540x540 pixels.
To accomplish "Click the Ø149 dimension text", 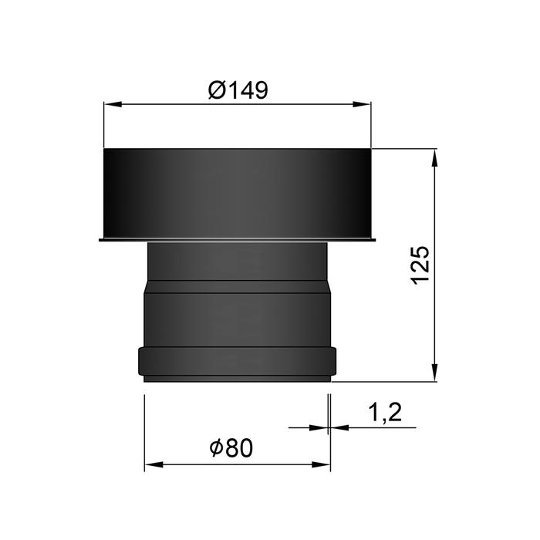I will tap(238, 91).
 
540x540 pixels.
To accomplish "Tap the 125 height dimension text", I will tap(419, 265).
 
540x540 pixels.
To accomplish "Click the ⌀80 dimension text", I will tap(231, 447).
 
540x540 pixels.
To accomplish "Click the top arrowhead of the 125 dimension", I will tap(436, 157).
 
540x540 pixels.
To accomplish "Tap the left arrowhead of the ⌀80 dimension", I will tap(153, 465).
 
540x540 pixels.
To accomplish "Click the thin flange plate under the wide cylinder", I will tap(238, 241).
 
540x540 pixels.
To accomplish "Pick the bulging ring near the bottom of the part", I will tap(238, 361).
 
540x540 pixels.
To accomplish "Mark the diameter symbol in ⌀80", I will tap(215, 447).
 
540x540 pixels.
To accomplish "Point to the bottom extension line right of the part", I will tap(386, 380).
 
